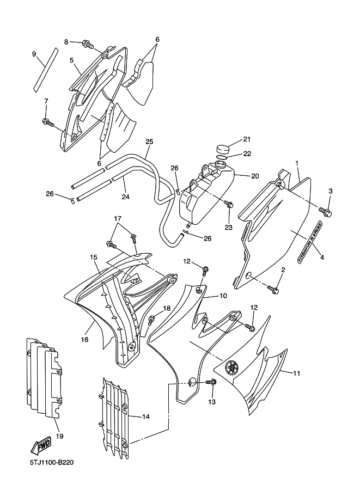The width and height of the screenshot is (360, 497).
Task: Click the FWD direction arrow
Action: point(40,447)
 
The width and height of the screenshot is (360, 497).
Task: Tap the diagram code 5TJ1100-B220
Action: point(52,463)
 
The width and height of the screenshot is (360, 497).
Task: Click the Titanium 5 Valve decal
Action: point(309,242)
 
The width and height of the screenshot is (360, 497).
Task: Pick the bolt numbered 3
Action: point(325,212)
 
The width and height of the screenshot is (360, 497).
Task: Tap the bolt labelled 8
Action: point(88,45)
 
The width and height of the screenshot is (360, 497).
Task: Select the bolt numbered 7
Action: point(48,122)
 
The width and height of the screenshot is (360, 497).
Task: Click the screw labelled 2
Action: point(273,289)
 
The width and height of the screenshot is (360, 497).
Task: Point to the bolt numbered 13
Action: point(211,382)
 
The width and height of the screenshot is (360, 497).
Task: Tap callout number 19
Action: point(59,436)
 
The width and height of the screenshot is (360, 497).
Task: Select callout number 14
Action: point(145,416)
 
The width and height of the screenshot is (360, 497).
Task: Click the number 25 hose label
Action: point(149,142)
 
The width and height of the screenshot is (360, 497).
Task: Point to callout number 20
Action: point(255,176)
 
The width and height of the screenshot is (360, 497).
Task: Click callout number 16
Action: point(84,340)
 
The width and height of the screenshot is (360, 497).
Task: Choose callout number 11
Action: point(296,373)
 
